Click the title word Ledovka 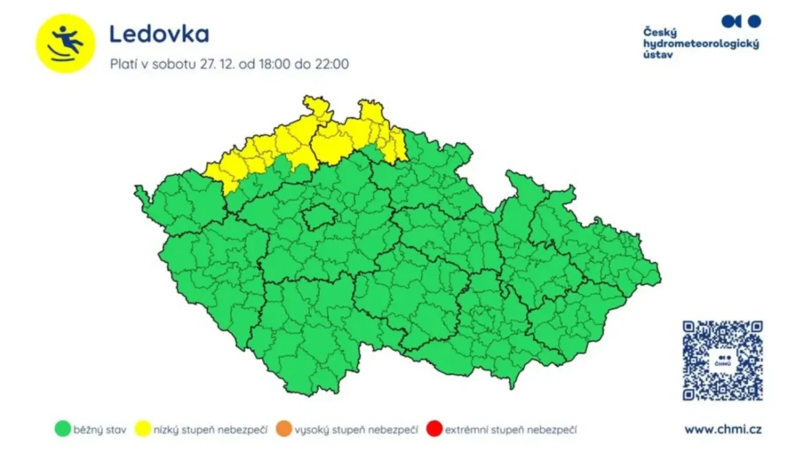point(159,34)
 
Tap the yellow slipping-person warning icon point(66,43)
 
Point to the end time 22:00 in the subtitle point(329,64)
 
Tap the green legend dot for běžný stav point(62,429)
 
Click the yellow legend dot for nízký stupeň point(143,429)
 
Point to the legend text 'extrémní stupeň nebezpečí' point(510,430)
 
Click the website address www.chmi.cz point(723,429)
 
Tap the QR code point(722,361)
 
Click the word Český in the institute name point(659,32)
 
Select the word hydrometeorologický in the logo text point(701,44)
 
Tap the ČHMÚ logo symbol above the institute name point(741,21)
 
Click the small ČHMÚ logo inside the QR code point(722,361)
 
